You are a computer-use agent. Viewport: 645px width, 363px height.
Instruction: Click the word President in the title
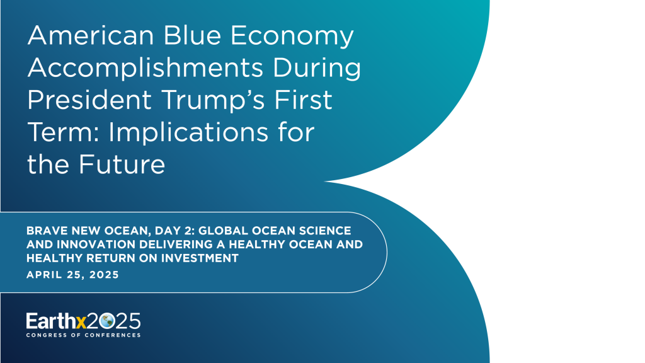click(88, 100)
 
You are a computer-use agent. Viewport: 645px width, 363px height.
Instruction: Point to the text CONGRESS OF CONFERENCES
click(83, 335)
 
